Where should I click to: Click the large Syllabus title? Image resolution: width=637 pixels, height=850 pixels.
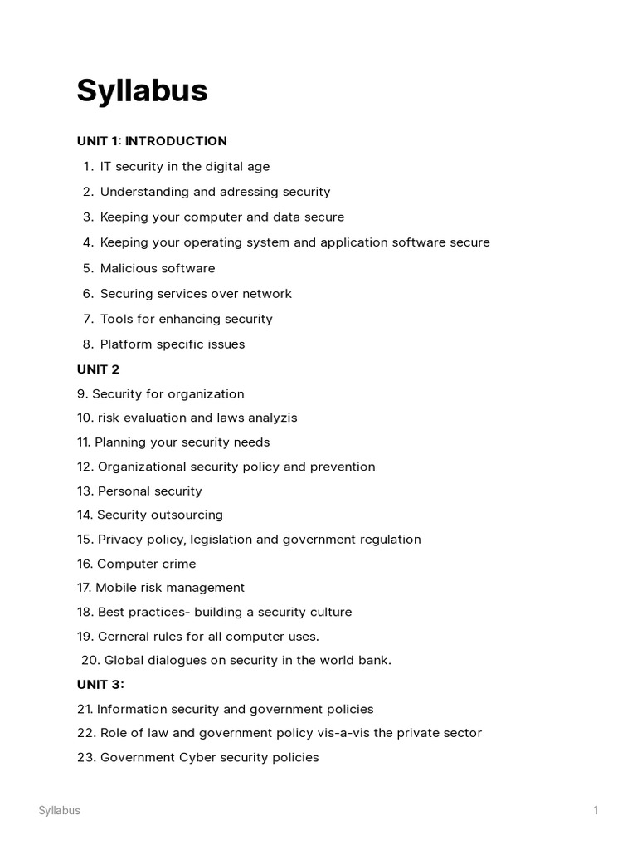142,91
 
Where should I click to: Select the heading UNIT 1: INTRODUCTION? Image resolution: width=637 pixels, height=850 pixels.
152,141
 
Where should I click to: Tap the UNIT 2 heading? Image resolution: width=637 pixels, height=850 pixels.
98,369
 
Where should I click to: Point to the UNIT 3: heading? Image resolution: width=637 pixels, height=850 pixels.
100,685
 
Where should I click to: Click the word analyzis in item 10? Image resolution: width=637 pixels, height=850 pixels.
272,418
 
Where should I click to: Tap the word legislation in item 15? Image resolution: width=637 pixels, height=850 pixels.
221,540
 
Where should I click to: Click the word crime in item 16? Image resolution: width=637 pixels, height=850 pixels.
178,564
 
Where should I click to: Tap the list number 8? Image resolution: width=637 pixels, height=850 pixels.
87,344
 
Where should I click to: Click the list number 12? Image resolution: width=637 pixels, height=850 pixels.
85,467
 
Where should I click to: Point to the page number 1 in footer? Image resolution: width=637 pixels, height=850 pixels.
596,811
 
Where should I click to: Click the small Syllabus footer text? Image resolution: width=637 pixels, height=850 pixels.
59,811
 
